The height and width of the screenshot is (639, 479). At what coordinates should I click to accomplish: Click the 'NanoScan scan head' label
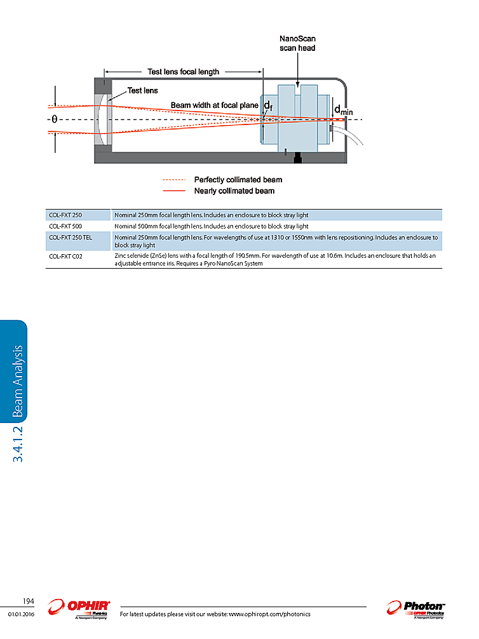pyautogui.click(x=297, y=43)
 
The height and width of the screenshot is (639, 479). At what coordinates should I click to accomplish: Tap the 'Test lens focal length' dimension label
pyautogui.click(x=183, y=72)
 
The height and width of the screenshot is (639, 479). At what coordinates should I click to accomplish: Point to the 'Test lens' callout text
pyautogui.click(x=142, y=91)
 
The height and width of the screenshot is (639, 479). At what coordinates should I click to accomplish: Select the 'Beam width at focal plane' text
pyautogui.click(x=214, y=105)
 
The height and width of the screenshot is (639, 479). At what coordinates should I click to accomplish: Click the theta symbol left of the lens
pyautogui.click(x=54, y=119)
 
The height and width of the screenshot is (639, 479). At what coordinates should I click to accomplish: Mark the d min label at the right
pyautogui.click(x=343, y=111)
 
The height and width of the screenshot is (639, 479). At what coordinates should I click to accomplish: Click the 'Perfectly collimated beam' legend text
pyautogui.click(x=238, y=180)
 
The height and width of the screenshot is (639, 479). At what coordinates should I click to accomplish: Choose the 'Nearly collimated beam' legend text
pyautogui.click(x=234, y=191)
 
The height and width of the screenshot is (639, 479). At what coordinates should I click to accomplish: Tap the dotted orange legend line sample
pyautogui.click(x=174, y=180)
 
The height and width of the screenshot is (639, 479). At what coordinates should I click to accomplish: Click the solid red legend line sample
pyautogui.click(x=174, y=191)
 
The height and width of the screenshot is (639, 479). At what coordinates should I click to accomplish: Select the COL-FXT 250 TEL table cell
pyautogui.click(x=71, y=237)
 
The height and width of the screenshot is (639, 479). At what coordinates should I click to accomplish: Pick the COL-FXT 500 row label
pyautogui.click(x=65, y=225)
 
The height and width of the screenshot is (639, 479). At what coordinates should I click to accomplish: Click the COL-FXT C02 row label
pyautogui.click(x=65, y=256)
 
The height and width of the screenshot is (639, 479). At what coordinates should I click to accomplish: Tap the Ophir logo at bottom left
pyautogui.click(x=81, y=608)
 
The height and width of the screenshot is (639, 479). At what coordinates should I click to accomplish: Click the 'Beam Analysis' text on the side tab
pyautogui.click(x=18, y=381)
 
